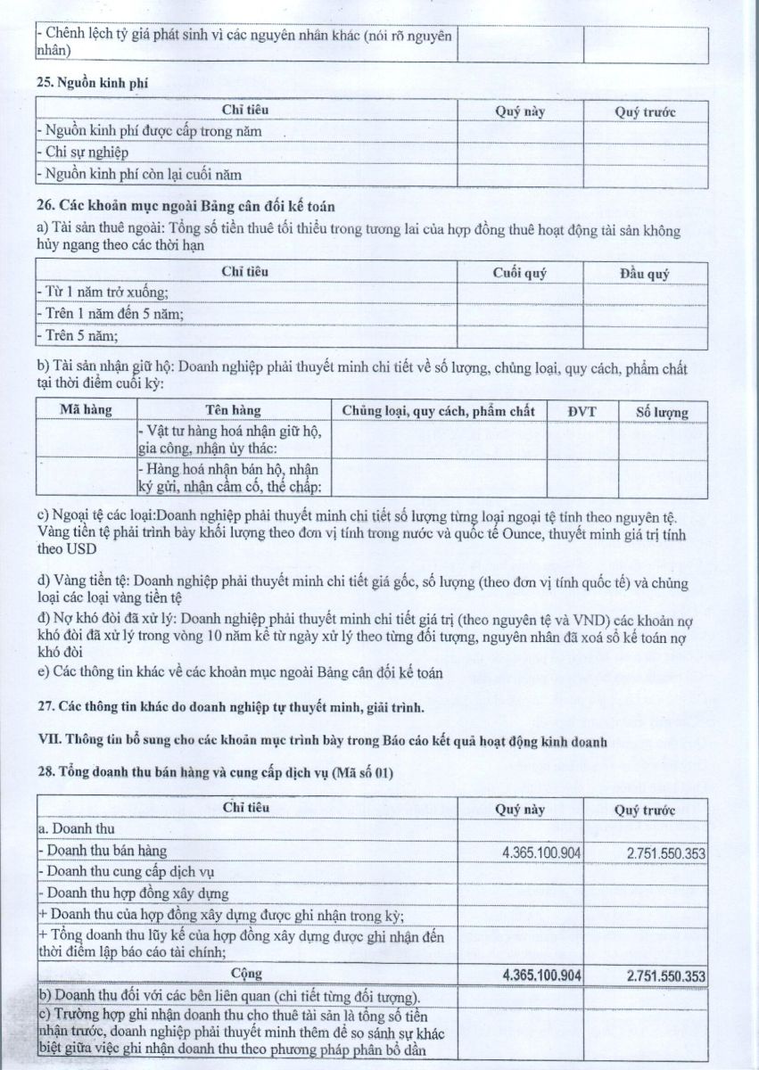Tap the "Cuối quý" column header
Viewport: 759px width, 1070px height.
(x=519, y=273)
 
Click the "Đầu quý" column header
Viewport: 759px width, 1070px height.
(x=644, y=274)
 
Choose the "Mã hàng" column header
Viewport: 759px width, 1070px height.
(x=84, y=411)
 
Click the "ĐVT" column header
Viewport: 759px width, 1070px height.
(x=582, y=411)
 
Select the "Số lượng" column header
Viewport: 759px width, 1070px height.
(x=662, y=412)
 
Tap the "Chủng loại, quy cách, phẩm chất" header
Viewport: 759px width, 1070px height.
(x=433, y=411)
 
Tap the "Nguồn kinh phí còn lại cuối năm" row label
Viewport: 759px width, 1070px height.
(x=139, y=174)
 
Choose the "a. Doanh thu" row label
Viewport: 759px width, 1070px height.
(x=71, y=830)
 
